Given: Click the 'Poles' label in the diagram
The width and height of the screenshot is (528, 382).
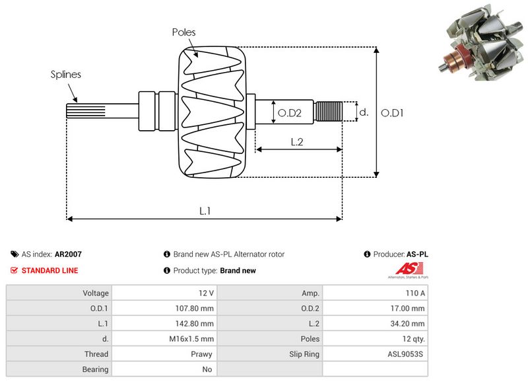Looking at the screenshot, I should [183, 32].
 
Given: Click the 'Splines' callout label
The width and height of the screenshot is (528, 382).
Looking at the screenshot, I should [66, 75].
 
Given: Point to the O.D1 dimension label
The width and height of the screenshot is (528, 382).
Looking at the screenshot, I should [393, 113].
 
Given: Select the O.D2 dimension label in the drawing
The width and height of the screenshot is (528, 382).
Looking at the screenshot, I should [289, 113].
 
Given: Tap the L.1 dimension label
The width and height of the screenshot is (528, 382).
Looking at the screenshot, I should [205, 210].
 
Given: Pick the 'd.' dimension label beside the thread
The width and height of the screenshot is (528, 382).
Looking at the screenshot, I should [363, 112].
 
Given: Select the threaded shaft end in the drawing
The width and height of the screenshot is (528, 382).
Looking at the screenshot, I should [329, 112].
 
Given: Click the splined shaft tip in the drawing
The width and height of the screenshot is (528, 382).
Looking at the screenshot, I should [77, 112].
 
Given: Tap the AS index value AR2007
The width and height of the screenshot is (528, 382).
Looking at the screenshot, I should [68, 254].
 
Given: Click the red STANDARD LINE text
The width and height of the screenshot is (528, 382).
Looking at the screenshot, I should [49, 270].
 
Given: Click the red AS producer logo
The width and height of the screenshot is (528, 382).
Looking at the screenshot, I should [405, 268].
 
